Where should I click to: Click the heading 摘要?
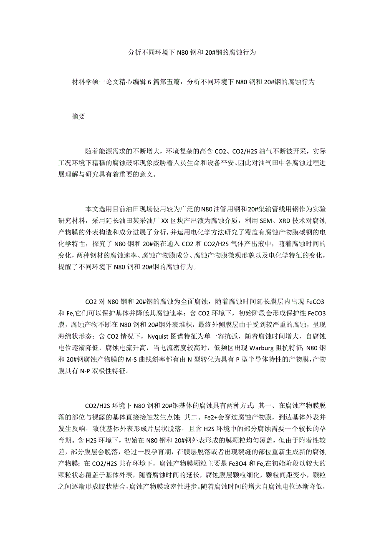point(78,117)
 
